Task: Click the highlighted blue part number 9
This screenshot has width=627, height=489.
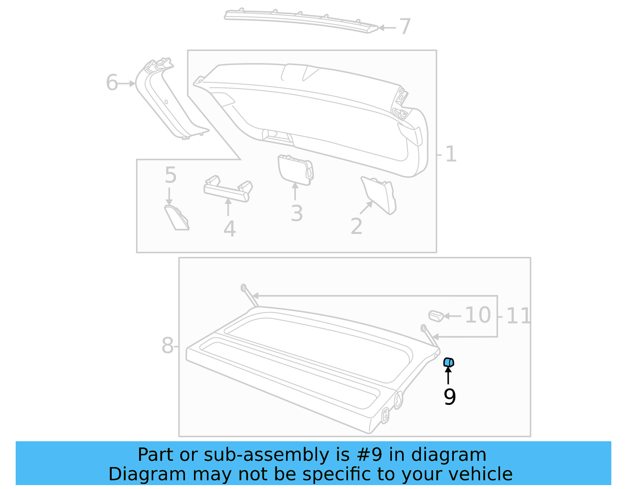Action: pyautogui.click(x=449, y=363)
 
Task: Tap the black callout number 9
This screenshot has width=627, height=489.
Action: pyautogui.click(x=449, y=397)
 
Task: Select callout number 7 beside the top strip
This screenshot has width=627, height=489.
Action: pyautogui.click(x=405, y=27)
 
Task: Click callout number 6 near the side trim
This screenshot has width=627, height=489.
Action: pyautogui.click(x=112, y=83)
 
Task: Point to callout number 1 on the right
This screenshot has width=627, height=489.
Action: pyautogui.click(x=451, y=154)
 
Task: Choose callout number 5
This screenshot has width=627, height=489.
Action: pyautogui.click(x=170, y=175)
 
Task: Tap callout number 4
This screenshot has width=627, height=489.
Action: pyautogui.click(x=230, y=229)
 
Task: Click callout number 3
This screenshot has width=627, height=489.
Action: pyautogui.click(x=297, y=214)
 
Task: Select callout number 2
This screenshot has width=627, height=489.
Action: pyautogui.click(x=356, y=226)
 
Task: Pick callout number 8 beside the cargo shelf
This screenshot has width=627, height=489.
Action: pyautogui.click(x=167, y=346)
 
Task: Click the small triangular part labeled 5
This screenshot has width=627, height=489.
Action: pyautogui.click(x=176, y=218)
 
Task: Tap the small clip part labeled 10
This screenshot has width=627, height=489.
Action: pyautogui.click(x=436, y=316)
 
